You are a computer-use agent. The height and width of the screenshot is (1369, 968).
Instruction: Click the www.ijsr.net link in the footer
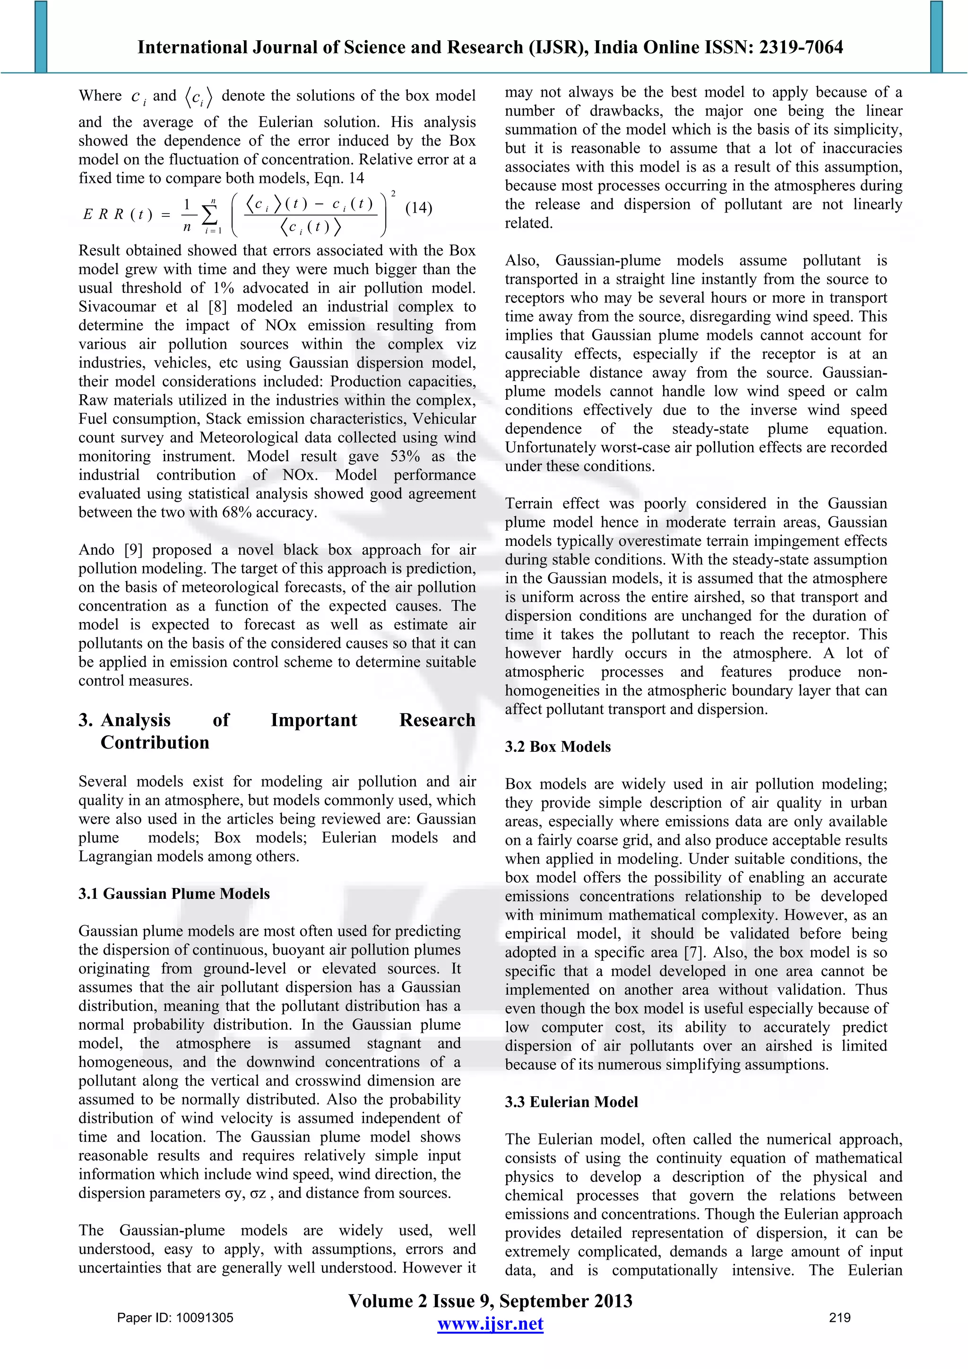tap(490, 1324)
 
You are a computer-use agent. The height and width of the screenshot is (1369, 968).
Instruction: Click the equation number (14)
tap(418, 207)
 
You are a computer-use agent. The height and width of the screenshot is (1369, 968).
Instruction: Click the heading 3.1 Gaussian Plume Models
tap(174, 894)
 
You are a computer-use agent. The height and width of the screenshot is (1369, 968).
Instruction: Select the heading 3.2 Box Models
tap(558, 747)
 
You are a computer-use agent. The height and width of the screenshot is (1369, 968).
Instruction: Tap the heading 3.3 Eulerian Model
tap(571, 1102)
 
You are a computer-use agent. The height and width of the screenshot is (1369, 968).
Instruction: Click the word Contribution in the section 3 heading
tap(155, 743)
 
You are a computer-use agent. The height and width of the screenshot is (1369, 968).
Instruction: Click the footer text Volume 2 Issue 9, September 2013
tap(490, 1301)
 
